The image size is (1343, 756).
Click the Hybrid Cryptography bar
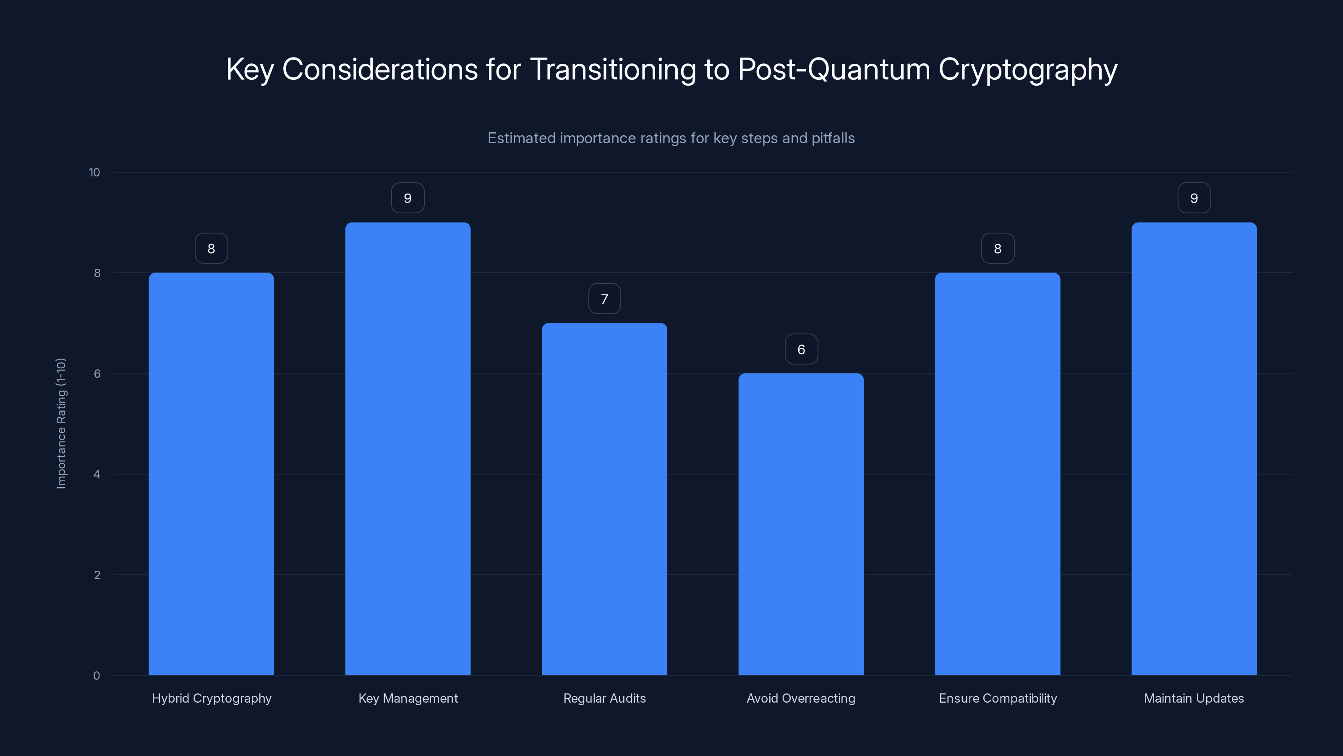(211, 474)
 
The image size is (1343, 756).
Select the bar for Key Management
(408, 449)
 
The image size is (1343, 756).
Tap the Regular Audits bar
(604, 499)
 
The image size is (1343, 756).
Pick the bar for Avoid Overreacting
(801, 524)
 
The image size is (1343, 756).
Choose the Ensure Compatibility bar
(997, 474)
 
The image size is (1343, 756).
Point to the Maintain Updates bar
(1194, 449)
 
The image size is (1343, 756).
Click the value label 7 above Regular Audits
(604, 299)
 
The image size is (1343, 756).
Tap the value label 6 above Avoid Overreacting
(801, 349)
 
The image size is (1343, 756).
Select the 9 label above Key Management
(408, 198)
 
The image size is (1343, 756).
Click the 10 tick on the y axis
(94, 173)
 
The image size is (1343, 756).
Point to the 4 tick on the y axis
(97, 474)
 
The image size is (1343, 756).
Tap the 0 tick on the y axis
(97, 676)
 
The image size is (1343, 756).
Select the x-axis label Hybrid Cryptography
(212, 698)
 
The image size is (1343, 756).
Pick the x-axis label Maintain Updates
(1194, 698)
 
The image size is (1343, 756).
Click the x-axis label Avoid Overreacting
(801, 698)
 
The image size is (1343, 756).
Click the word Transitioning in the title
(613, 69)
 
